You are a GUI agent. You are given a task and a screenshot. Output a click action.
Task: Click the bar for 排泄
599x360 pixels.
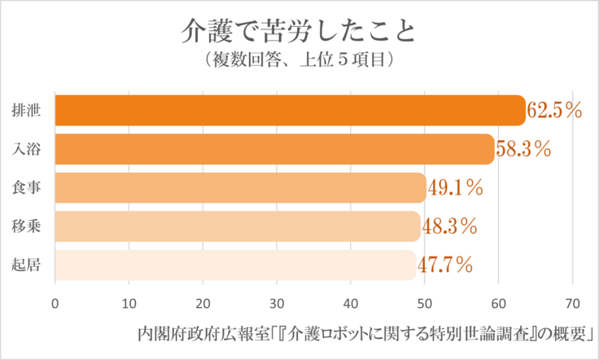289,111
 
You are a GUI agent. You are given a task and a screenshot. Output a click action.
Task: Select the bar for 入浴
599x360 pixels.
274,149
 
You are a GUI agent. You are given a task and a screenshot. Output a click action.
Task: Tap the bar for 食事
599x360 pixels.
240,188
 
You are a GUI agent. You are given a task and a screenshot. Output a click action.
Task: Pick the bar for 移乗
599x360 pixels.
237,226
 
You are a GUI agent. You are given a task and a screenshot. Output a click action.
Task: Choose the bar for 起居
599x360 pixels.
235,265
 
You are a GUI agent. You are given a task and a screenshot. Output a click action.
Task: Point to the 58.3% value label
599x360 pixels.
523,150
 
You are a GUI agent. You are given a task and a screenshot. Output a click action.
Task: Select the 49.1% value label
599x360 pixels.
455,188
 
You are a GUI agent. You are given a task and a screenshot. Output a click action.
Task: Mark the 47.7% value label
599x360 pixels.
445,265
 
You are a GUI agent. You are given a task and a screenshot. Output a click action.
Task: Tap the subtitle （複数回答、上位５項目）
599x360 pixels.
299,60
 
